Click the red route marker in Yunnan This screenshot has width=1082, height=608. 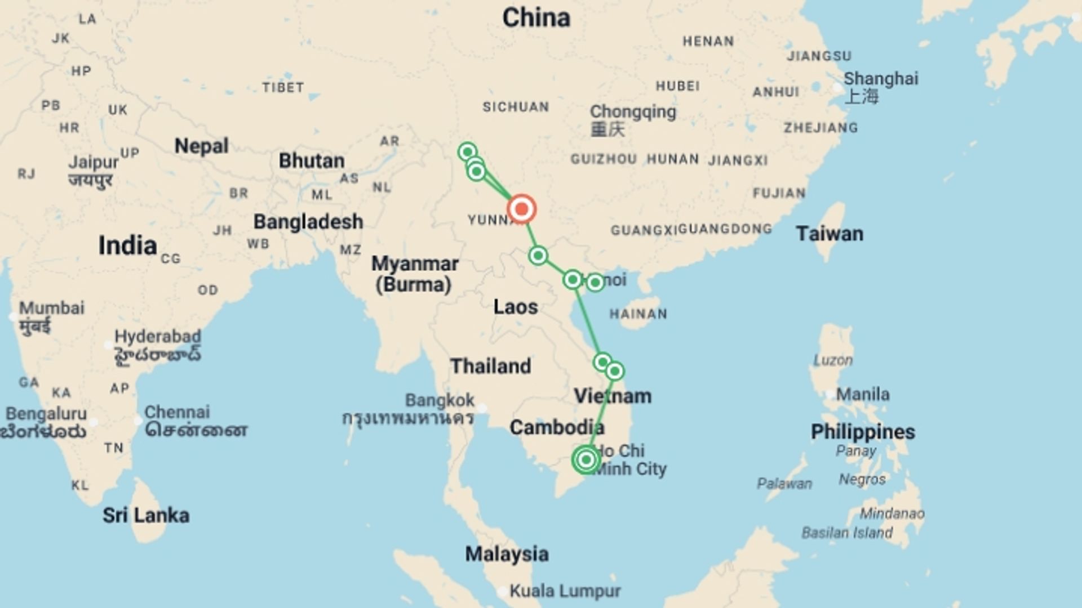[x=521, y=209]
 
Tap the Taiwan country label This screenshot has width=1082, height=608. [x=829, y=234]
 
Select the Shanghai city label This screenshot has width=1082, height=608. [x=880, y=79]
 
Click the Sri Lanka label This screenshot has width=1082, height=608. [x=146, y=515]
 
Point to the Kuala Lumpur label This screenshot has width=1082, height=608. [x=565, y=591]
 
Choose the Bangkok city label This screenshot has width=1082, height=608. [x=440, y=401]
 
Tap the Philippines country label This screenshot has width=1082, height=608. [x=862, y=432]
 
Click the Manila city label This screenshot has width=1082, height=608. [x=862, y=394]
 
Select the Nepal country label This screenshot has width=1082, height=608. [x=201, y=146]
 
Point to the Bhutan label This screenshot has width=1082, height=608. [x=312, y=161]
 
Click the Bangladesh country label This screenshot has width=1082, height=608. [x=308, y=222]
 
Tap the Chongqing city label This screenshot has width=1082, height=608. [x=633, y=111]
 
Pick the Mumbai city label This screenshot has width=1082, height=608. [x=52, y=308]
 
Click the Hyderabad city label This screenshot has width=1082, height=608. [x=158, y=337]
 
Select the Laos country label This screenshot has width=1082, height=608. [x=516, y=307]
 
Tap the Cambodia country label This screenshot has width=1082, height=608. [x=557, y=428]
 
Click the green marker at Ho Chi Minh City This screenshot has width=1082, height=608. [x=586, y=459]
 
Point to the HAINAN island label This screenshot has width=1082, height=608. [x=638, y=314]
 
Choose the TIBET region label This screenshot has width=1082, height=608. [x=283, y=88]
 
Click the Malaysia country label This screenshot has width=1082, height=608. [x=507, y=555]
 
